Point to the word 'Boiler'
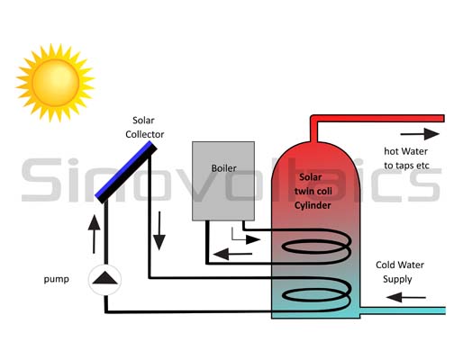pos(223,167)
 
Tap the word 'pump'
pos(55,279)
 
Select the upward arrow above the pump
pos(93,236)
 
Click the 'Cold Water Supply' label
pos(402,271)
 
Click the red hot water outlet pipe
pos(378,119)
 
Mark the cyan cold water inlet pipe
pos(405,311)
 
